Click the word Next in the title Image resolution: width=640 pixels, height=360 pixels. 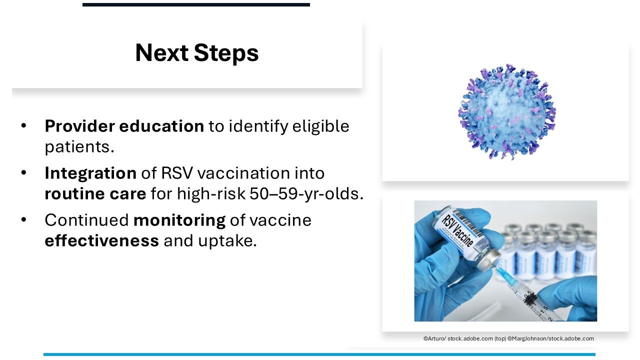pos(161,53)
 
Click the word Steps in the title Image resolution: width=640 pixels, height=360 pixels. pos(226,53)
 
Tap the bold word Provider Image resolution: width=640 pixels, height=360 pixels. pos(79,126)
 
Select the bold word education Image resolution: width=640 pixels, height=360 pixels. pos(161,126)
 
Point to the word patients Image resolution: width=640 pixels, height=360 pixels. pos(79,147)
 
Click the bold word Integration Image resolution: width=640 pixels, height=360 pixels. pos(90,173)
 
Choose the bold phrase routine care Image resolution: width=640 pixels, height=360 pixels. pos(95,193)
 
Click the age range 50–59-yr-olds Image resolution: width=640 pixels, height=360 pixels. pos(306,194)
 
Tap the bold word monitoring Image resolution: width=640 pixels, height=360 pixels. pos(179,220)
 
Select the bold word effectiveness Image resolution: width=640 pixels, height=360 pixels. pos(101,240)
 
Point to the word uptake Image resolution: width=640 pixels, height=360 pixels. pos(227,241)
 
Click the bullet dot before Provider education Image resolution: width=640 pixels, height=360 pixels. pos(23,125)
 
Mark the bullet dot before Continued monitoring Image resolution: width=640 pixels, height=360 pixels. pos(23,219)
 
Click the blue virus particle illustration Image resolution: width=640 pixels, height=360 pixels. pos(507,111)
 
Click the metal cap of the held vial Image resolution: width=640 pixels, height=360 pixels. pos(489,259)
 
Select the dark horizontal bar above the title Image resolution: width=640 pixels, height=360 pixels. pos(196,4)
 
